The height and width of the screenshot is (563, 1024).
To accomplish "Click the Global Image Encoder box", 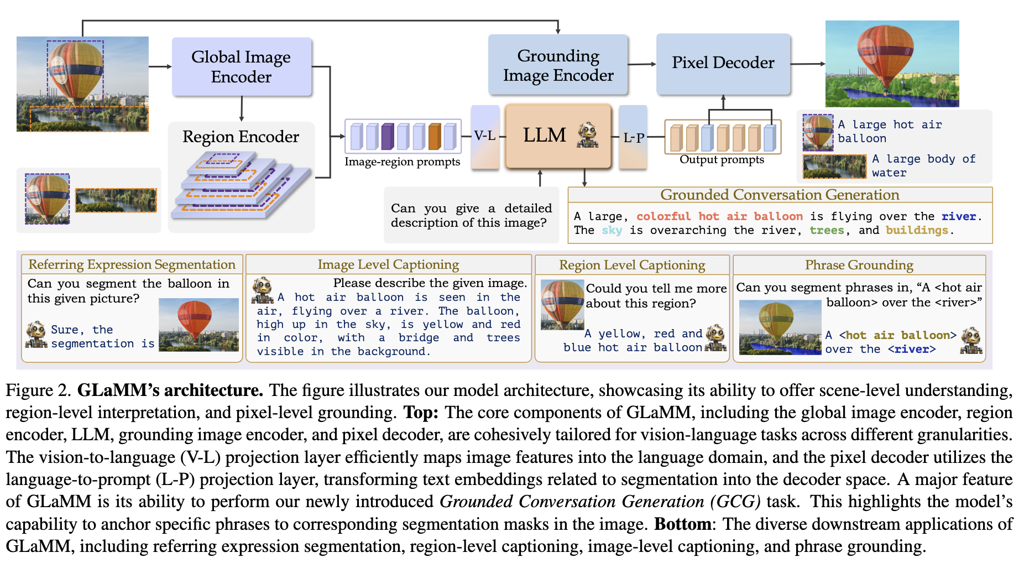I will [x=242, y=67].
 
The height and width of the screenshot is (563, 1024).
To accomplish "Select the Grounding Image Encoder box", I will [x=558, y=65].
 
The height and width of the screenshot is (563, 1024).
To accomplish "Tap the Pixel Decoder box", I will [x=723, y=63].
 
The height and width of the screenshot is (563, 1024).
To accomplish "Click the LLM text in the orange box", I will [x=545, y=135].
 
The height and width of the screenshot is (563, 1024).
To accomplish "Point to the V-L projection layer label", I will [x=485, y=135].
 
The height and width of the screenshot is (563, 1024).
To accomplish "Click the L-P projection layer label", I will [x=633, y=137].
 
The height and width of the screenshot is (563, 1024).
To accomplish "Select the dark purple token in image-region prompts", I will [x=388, y=136].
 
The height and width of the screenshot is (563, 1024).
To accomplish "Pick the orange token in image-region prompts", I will [x=435, y=136].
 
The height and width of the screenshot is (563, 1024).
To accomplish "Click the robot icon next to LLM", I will [x=587, y=135].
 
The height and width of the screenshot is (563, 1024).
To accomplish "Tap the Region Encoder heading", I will [x=241, y=137].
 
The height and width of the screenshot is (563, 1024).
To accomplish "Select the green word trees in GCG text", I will [x=827, y=230].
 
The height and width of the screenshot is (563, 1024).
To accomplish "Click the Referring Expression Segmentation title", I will [x=132, y=264].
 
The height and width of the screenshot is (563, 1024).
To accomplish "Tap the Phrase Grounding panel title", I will [x=859, y=265].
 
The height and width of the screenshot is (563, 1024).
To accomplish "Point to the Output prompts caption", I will [x=722, y=160].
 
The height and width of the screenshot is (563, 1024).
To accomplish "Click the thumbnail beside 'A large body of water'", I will [x=834, y=166].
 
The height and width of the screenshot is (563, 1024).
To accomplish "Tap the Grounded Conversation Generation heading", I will [x=780, y=195].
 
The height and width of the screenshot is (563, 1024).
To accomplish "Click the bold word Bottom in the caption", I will [x=682, y=524].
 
